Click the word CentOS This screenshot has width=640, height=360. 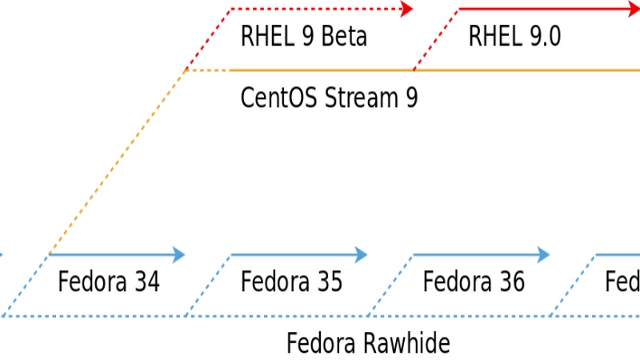coord(275,98)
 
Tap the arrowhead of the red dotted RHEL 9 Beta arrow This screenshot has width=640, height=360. coord(406,9)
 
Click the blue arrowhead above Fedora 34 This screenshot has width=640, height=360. coord(178,255)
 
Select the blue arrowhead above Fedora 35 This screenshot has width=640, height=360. coord(361,255)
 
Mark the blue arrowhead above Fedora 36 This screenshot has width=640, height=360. coord(543,255)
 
